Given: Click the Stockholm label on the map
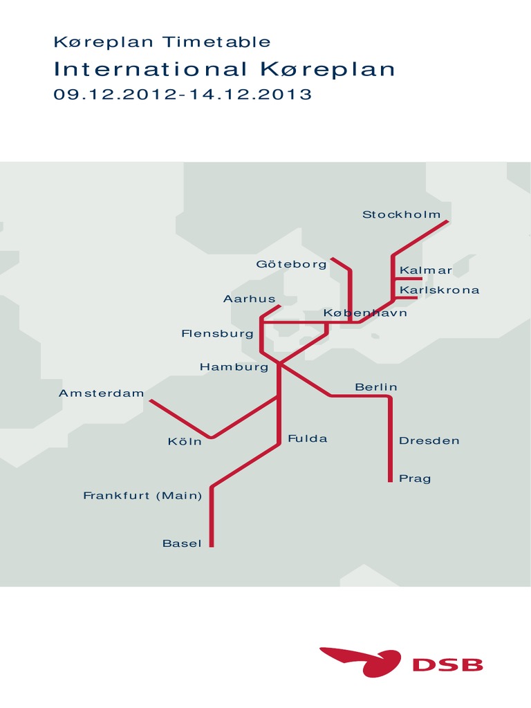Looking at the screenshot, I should (401, 214).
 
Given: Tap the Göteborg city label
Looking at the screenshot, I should (291, 264).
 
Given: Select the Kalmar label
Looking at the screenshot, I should (426, 270).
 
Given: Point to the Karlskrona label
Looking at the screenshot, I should (439, 290).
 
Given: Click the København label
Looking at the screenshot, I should (365, 313).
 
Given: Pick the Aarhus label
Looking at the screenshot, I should (249, 299).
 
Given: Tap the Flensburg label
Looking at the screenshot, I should (217, 334).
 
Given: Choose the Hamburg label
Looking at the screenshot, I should (234, 367).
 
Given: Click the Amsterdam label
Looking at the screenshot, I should (102, 393).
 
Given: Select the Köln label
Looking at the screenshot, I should (185, 441).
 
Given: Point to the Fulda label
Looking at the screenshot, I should (307, 439).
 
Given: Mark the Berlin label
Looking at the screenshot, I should (376, 387).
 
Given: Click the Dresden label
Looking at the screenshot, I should (429, 440).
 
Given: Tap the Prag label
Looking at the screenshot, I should (415, 478).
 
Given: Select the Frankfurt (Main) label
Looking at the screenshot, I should (142, 496).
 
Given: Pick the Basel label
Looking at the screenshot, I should (182, 543).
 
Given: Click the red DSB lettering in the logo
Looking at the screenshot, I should (447, 665).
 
